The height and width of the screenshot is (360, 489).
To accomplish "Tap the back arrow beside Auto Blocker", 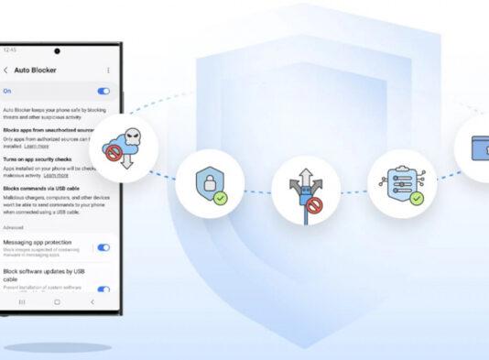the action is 5,70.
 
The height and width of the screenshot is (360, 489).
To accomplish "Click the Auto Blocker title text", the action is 33,70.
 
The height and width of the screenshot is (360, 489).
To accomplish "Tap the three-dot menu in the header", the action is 108,70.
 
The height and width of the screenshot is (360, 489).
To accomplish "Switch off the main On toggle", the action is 103,92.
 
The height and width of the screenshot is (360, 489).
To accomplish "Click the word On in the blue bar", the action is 7,92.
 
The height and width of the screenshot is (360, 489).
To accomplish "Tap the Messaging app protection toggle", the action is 103,247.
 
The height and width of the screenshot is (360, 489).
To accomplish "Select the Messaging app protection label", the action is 46,243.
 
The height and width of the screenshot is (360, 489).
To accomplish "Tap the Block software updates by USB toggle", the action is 103,289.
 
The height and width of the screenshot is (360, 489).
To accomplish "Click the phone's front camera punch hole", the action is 57,51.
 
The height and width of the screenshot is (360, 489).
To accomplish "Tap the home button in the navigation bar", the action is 57,301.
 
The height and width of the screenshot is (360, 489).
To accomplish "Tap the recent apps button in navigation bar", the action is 22,301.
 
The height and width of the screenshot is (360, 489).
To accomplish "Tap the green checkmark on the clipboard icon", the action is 418,197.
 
